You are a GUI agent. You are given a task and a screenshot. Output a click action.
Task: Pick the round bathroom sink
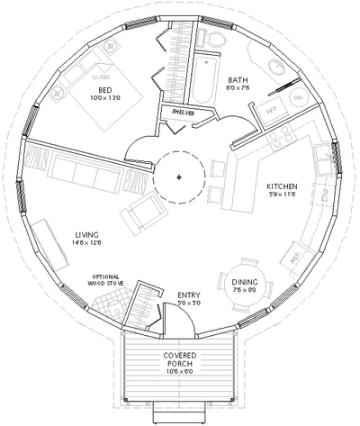[x=275, y=69]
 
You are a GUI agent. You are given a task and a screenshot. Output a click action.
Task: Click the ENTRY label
[x=189, y=295]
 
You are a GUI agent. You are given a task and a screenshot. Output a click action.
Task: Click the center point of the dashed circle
[x=180, y=177]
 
